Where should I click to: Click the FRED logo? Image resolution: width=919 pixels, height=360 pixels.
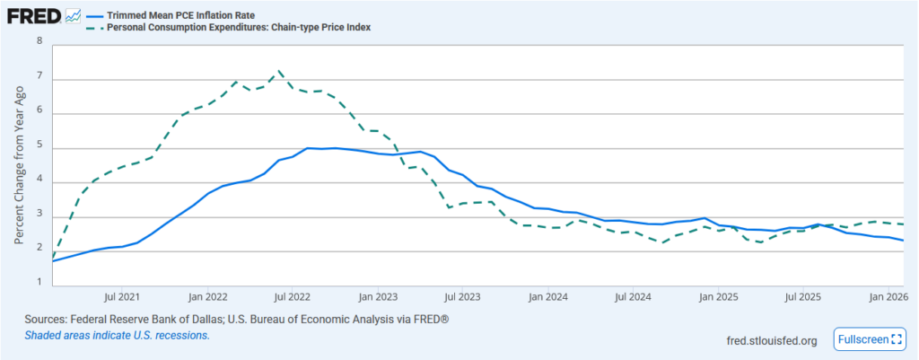(35, 16)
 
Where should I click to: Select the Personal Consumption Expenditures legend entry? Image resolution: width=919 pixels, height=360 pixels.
(239, 28)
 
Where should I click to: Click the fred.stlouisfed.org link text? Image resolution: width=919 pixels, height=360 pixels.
(771, 340)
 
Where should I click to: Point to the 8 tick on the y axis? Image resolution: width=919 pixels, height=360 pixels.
(39, 41)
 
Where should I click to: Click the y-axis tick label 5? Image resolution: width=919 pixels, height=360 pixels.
(39, 147)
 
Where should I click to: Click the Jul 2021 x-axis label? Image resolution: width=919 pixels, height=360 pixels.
(122, 295)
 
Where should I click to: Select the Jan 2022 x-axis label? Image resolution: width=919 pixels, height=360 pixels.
(208, 295)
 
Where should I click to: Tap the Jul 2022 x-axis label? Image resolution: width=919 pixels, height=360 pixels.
(292, 295)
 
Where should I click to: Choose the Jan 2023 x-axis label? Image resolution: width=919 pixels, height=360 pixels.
(378, 295)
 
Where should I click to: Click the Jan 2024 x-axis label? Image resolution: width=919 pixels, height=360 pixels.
(547, 295)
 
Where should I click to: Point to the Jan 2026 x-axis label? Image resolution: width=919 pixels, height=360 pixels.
(888, 295)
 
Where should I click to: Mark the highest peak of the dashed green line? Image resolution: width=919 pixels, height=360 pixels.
(280, 71)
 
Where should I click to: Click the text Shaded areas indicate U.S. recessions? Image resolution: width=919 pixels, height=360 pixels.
(118, 335)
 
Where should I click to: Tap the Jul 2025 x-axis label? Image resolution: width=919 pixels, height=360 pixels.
(802, 295)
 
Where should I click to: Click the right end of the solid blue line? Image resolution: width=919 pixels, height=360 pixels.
(903, 241)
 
